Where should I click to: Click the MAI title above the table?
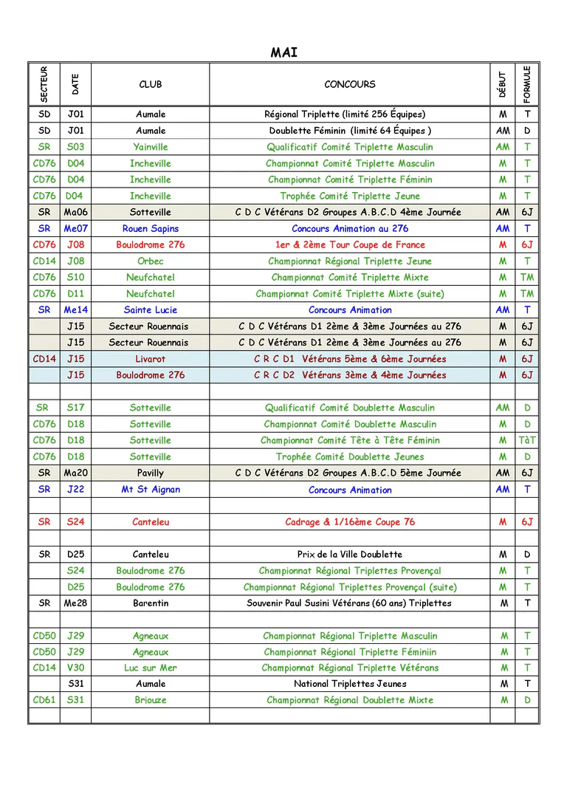tap(283, 52)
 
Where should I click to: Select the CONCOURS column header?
tap(349, 84)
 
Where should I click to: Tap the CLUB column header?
tap(151, 84)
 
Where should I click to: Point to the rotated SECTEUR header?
tap(44, 84)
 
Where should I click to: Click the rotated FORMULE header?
tap(527, 84)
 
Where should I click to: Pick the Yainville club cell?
tap(151, 147)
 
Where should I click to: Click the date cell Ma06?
tap(75, 212)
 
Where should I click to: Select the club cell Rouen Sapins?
tap(151, 229)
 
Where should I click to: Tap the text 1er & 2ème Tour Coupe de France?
tap(349, 244)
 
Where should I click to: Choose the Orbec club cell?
tap(151, 261)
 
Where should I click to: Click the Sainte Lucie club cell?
tap(151, 310)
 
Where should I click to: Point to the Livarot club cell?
tap(151, 359)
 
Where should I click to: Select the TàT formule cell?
tap(527, 440)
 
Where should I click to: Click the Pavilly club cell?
tap(151, 473)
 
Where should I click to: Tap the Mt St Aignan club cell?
tap(151, 490)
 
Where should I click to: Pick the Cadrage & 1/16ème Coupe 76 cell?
tap(349, 522)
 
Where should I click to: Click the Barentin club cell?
tap(151, 603)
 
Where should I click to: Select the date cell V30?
tap(75, 668)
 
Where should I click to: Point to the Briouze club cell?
tap(151, 700)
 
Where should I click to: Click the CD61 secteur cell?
tap(44, 700)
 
